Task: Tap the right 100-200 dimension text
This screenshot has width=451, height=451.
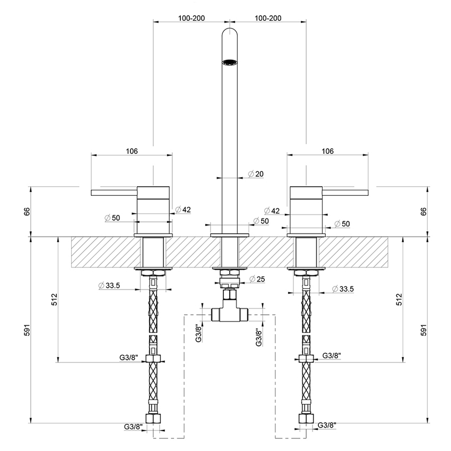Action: tap(268, 18)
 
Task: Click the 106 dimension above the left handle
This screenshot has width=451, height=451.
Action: tap(132, 151)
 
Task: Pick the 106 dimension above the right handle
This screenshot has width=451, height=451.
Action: tap(327, 151)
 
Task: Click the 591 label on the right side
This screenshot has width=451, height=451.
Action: tap(423, 330)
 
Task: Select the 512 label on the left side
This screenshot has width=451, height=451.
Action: tap(55, 299)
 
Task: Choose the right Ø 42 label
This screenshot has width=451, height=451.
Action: tap(271, 211)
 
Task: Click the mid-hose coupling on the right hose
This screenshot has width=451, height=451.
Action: tap(306, 358)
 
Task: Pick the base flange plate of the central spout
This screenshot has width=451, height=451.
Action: tap(229, 235)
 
